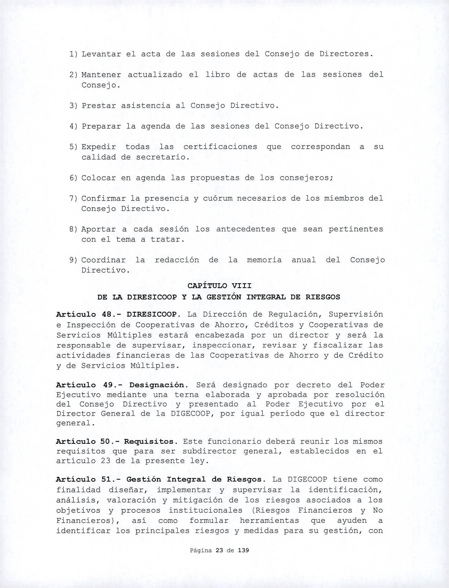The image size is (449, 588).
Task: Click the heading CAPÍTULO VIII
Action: (x=219, y=286)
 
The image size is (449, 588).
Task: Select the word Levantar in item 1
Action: (x=101, y=54)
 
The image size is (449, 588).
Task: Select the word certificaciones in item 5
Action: (x=220, y=147)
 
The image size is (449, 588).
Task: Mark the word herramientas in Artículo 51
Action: (x=269, y=521)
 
